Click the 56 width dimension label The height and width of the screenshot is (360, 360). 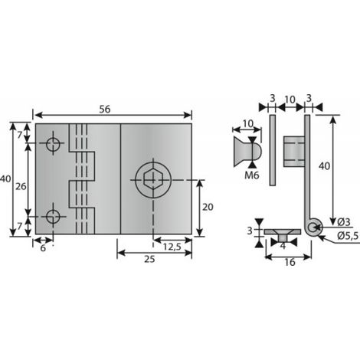click(x=105, y=110)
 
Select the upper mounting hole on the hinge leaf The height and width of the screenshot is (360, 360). click(x=53, y=143)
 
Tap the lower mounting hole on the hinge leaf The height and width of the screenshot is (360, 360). click(x=53, y=217)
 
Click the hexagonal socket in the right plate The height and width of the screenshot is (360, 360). click(x=152, y=180)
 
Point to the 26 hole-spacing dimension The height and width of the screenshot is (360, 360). click(x=21, y=186)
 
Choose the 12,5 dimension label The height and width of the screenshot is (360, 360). click(x=172, y=247)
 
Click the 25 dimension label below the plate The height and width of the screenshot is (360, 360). click(x=149, y=259)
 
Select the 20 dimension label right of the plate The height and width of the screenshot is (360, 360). click(x=208, y=207)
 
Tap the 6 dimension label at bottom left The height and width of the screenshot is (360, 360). click(x=43, y=247)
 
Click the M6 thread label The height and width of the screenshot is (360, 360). click(x=252, y=175)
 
